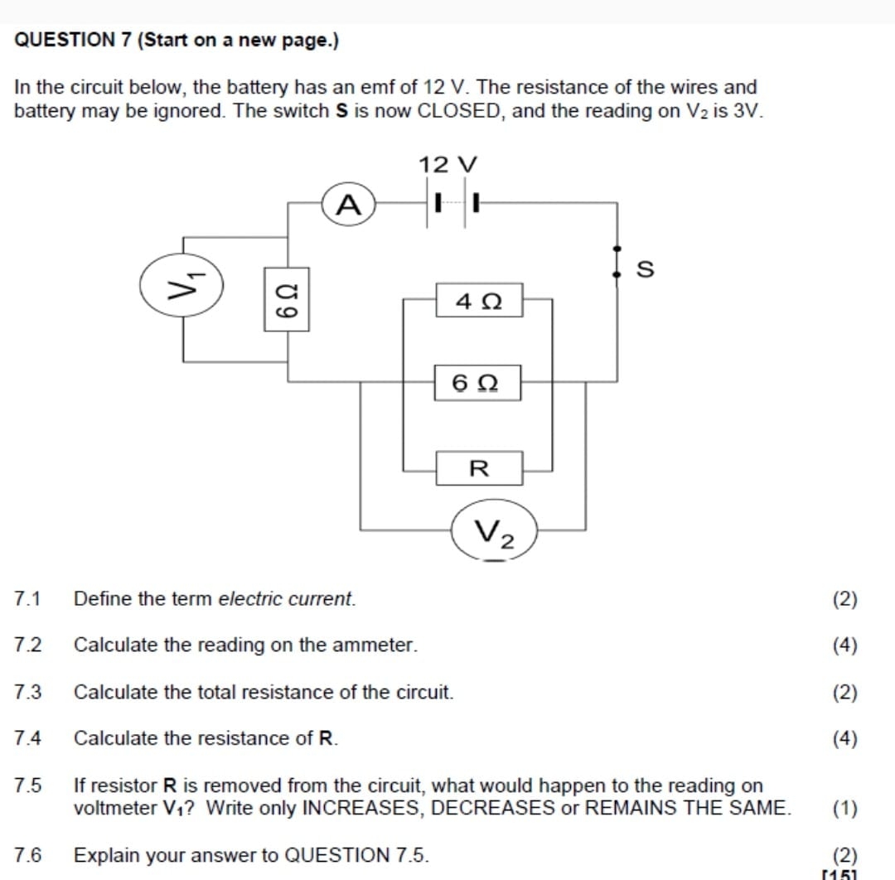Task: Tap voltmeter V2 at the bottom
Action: (x=495, y=530)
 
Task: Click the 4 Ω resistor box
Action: (x=479, y=300)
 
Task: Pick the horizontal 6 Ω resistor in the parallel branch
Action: (x=479, y=383)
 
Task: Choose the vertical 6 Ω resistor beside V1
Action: (x=287, y=298)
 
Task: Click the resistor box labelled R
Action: (x=479, y=468)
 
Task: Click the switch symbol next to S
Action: (x=617, y=261)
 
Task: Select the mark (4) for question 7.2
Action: (x=844, y=645)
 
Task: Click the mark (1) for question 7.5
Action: (x=844, y=808)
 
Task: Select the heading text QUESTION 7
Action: (x=73, y=41)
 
